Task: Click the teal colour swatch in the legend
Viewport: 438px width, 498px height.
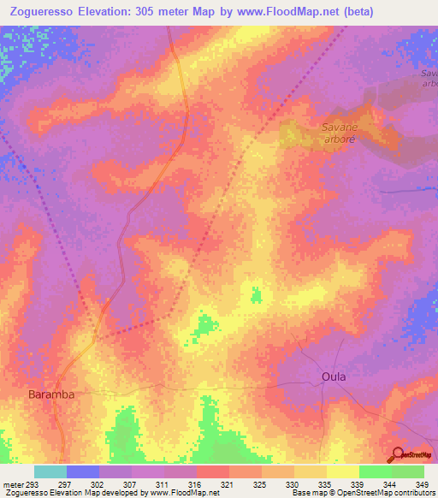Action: pyautogui.click(x=50, y=471)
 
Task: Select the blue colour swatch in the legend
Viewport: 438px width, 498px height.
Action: pyautogui.click(x=83, y=471)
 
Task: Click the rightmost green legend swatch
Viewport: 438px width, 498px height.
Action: pyautogui.click(x=408, y=471)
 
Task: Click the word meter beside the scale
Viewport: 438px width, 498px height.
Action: pyautogui.click(x=14, y=483)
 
